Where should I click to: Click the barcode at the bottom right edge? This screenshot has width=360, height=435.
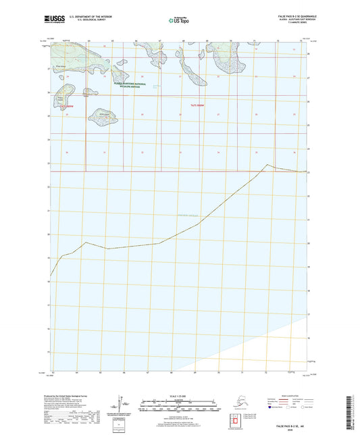click(x=352, y=409)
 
